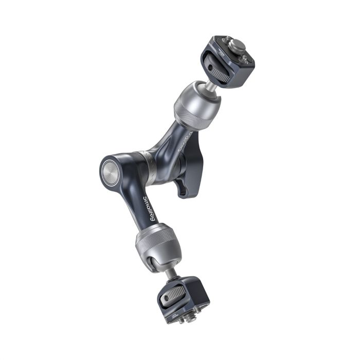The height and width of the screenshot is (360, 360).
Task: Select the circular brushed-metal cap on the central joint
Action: coord(111,169)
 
